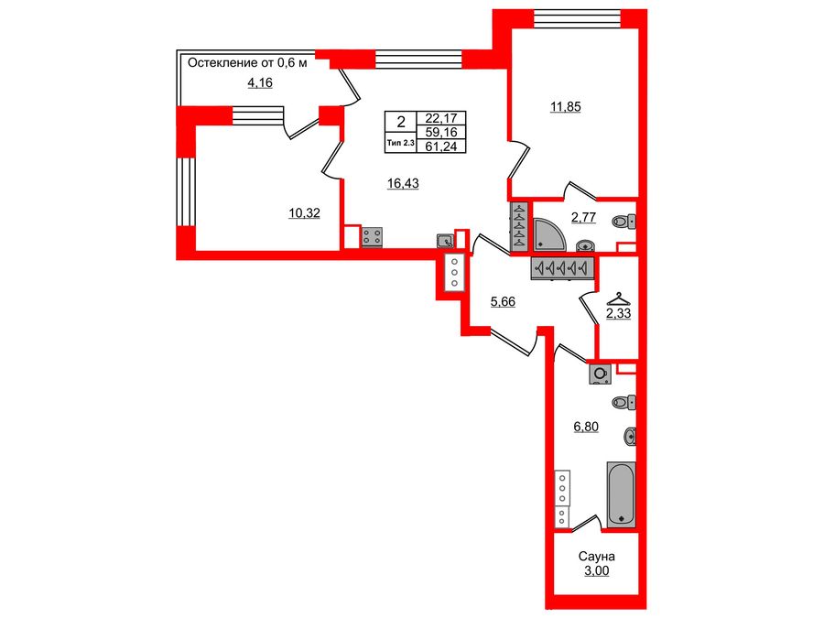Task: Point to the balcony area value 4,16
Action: coord(259,83)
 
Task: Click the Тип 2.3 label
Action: coord(400,143)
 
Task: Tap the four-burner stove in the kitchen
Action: coord(373,236)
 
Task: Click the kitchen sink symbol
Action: coord(445,241)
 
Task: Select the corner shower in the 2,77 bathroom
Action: coord(552,233)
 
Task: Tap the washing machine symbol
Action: coord(601,374)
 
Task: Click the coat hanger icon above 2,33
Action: coord(619,298)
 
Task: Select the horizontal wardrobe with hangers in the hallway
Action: coord(563,267)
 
